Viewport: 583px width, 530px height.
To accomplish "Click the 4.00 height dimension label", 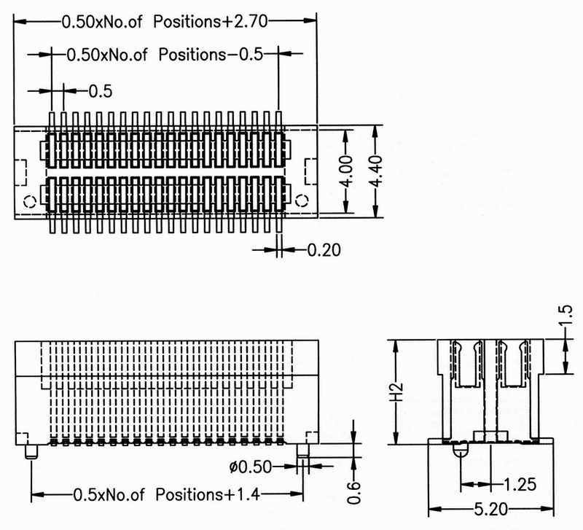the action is (347, 171).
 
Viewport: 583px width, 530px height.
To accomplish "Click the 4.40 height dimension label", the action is (377, 171).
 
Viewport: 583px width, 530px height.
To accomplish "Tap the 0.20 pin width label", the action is (324, 250).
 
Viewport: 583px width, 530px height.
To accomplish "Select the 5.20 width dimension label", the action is (490, 509).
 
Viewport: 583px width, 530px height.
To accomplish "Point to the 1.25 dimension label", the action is (520, 484).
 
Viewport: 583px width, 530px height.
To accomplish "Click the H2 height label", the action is (397, 392).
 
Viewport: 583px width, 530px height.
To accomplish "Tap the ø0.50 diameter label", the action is (251, 467).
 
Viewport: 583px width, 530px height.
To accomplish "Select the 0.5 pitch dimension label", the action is (101, 92).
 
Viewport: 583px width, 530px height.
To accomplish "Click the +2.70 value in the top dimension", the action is (245, 22).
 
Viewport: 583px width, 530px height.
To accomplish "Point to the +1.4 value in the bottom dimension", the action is (241, 495).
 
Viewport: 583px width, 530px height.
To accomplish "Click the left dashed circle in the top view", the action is (29, 202).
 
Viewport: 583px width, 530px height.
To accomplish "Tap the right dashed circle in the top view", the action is (302, 200).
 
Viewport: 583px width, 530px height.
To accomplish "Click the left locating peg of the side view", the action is (31, 451).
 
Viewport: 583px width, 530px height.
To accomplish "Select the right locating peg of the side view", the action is (302, 451).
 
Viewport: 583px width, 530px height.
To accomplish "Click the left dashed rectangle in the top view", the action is (20, 173).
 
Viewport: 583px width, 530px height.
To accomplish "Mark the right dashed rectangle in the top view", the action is (311, 171).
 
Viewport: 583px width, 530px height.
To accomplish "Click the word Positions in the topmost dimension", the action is (187, 22).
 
